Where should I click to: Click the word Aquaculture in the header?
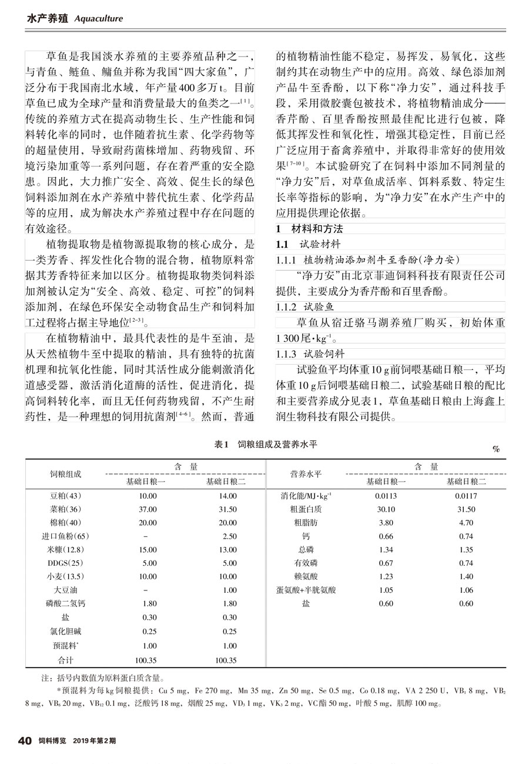pos(99,18)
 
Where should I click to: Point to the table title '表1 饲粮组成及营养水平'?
pos(266,445)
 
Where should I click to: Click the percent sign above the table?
pos(496,449)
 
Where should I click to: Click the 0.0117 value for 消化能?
pos(466,496)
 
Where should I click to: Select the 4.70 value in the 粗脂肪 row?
pos(466,522)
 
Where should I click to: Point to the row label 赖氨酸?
pos(306,576)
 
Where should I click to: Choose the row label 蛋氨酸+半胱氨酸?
pos(306,590)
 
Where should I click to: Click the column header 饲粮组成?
pos(65,474)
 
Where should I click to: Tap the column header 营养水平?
pos(306,474)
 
